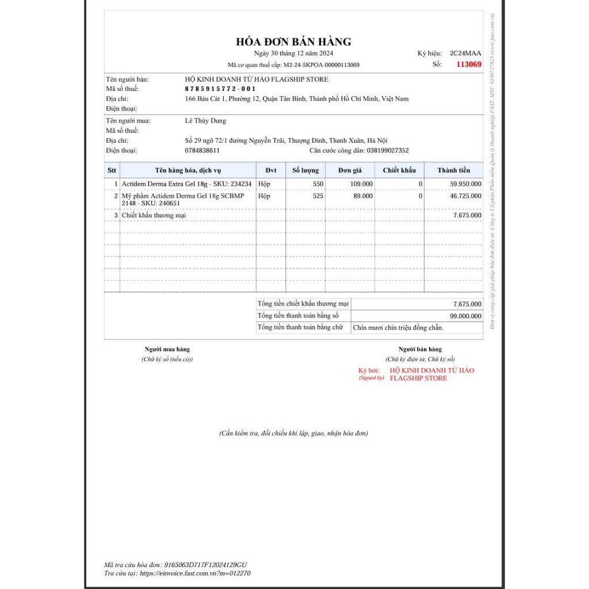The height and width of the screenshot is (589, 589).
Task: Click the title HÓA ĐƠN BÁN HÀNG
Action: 293,42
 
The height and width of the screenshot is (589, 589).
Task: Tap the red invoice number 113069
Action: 468,64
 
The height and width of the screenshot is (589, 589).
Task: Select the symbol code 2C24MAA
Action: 465,53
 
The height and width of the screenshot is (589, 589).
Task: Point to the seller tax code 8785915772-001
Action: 220,89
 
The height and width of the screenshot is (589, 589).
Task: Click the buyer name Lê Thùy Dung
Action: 205,121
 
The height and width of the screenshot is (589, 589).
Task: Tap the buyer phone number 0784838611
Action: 202,151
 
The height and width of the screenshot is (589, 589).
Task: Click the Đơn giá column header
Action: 350,170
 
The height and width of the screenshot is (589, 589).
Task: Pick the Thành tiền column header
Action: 453,170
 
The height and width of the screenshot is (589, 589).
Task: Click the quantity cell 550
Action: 318,184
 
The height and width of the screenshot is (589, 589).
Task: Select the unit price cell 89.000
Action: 363,196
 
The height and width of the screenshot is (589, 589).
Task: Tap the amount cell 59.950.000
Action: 465,184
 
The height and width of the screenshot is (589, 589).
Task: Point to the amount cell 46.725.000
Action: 465,196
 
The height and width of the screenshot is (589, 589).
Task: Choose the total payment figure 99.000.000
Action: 465,316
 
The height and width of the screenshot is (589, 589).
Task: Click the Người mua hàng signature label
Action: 167,349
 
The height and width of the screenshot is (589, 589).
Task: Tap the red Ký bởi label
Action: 369,370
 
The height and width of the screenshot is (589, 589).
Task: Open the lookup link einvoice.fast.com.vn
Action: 196,573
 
